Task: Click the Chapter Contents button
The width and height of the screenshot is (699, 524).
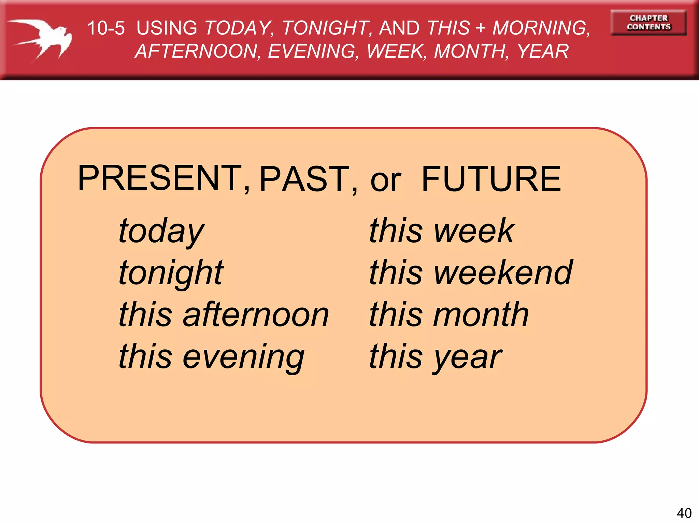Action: pos(648,23)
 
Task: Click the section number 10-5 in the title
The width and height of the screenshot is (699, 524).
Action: pos(106,28)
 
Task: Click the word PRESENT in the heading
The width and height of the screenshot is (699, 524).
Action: pos(160,178)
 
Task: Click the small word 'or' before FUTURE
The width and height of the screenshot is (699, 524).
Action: pos(386,181)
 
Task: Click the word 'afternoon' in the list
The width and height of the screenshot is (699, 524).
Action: pos(256,315)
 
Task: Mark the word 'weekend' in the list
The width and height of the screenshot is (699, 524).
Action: pos(503,273)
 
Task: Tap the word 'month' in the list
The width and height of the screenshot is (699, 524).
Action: pos(481,315)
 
